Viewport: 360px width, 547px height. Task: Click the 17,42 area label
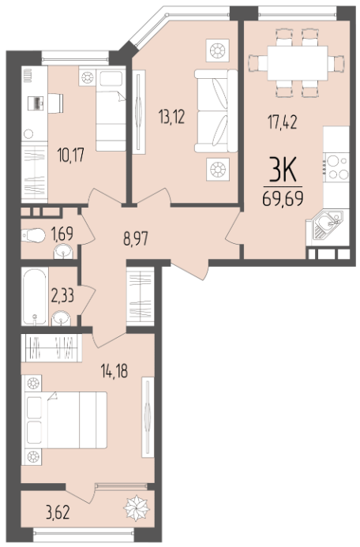click(x=282, y=122)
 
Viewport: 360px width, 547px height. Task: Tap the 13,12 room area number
click(x=171, y=116)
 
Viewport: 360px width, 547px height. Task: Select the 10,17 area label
click(x=71, y=155)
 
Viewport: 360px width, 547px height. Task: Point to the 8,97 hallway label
click(x=136, y=239)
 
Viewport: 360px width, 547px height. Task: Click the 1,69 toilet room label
click(x=62, y=234)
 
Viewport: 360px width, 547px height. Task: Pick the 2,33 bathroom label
click(x=62, y=296)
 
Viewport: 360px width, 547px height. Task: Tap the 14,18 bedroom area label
click(x=114, y=371)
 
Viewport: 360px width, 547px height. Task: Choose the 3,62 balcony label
click(x=58, y=512)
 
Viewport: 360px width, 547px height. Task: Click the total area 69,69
click(x=283, y=199)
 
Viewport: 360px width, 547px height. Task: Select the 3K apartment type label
click(x=283, y=170)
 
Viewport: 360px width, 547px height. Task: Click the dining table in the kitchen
click(x=298, y=63)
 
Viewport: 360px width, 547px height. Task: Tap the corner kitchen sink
click(x=327, y=224)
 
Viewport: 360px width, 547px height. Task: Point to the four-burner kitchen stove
click(x=336, y=167)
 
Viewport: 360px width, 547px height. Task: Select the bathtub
click(x=35, y=297)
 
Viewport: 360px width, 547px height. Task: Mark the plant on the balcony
click(x=137, y=508)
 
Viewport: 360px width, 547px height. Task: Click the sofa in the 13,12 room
click(x=216, y=111)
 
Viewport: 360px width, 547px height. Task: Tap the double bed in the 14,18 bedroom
click(x=66, y=420)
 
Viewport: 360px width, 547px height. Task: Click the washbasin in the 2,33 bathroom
click(x=61, y=319)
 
